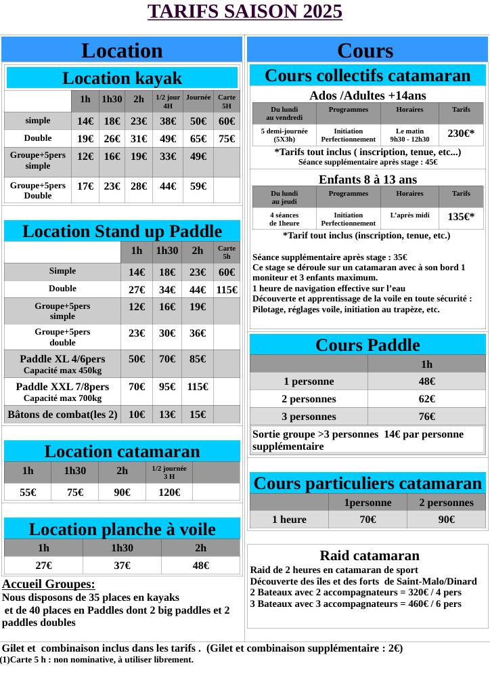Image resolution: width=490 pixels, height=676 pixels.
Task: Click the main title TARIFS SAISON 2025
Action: click(245, 12)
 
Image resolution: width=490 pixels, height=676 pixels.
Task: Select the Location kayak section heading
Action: click(122, 78)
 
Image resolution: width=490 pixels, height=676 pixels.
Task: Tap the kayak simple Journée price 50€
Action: click(198, 122)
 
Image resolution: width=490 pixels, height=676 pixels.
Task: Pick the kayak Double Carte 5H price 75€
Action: click(227, 139)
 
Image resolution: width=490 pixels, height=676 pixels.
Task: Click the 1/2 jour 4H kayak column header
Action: click(167, 102)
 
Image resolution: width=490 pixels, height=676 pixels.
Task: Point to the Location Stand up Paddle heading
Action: click(122, 232)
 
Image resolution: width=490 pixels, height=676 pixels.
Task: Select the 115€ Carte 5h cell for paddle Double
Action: click(227, 289)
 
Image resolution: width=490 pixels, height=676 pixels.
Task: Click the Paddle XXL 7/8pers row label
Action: click(62, 392)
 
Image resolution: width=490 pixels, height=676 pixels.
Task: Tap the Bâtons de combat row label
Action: click(62, 415)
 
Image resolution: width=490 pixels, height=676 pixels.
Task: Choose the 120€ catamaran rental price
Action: click(169, 492)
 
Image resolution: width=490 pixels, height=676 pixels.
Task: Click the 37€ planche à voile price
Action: click(122, 565)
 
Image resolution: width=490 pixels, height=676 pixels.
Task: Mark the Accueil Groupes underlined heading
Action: click(49, 584)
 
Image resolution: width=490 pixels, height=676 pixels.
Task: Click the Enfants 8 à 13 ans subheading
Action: click(367, 179)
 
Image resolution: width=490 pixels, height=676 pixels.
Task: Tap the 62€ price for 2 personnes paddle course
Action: click(427, 399)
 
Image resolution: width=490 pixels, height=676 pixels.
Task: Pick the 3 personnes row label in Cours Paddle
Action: click(309, 417)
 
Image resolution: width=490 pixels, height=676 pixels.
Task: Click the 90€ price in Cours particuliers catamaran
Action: click(446, 520)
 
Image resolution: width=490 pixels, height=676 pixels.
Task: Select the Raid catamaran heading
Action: click(370, 556)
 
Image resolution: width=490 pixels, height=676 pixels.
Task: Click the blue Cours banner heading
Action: click(365, 51)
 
